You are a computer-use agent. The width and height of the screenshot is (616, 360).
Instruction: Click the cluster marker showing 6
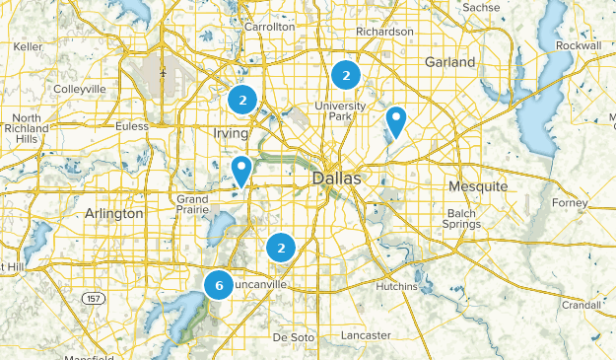219,285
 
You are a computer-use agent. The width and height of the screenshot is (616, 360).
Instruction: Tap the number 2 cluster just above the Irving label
242,100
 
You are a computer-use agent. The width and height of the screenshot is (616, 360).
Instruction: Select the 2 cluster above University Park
345,74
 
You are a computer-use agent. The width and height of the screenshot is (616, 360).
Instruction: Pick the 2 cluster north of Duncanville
282,248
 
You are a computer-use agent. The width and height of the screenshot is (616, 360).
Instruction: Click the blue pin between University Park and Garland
395,121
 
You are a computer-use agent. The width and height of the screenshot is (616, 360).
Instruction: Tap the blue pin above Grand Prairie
241,171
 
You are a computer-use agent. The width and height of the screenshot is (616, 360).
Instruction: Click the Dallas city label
337,180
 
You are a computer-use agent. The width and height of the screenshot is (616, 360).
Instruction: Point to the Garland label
449,62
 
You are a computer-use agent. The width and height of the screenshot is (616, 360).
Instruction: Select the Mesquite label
477,185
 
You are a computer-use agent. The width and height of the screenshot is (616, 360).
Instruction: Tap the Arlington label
115,213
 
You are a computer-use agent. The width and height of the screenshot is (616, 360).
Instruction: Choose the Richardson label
384,32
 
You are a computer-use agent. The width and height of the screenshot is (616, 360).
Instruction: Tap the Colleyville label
80,89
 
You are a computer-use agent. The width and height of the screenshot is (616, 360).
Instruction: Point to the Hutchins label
398,286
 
